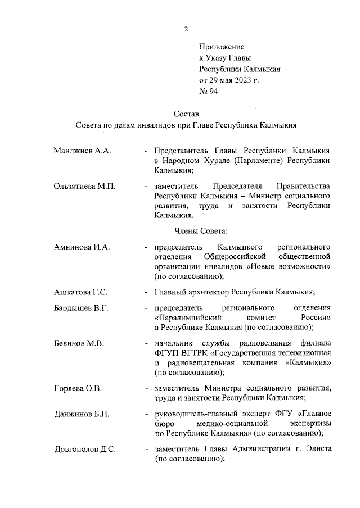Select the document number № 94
click(x=208, y=92)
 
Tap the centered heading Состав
click(x=186, y=115)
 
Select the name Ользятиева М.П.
click(x=85, y=186)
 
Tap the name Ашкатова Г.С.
click(x=81, y=291)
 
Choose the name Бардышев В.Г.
click(x=81, y=309)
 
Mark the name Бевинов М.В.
click(x=79, y=343)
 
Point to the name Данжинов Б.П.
click(x=82, y=414)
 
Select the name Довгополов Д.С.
click(x=85, y=450)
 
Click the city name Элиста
click(x=317, y=450)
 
